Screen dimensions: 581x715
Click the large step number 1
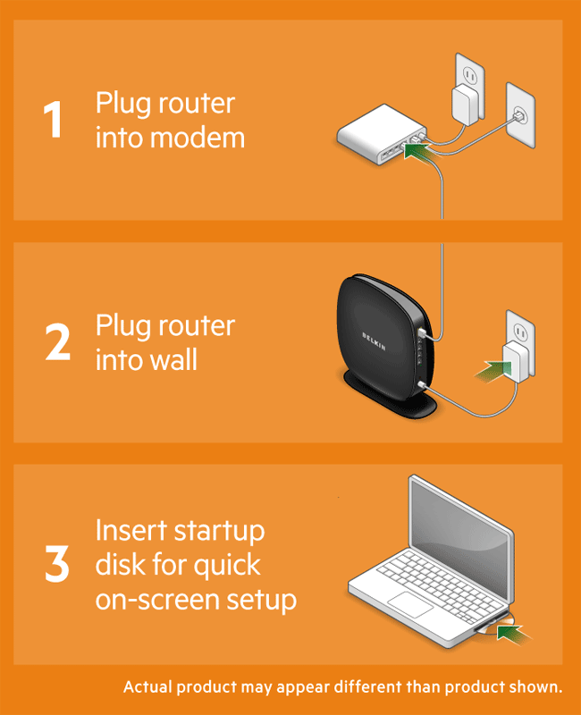(54, 119)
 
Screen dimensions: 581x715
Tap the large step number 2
(58, 341)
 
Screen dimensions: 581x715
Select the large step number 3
(57, 563)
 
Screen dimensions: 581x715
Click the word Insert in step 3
(131, 531)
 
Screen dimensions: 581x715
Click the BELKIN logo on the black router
(374, 341)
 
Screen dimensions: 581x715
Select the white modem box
(382, 135)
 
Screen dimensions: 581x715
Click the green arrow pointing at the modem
(418, 153)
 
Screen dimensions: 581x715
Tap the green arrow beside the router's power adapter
(493, 370)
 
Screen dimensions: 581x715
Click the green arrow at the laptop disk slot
(513, 634)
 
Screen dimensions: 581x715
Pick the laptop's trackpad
(410, 605)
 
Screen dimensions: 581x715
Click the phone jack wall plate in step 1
(520, 115)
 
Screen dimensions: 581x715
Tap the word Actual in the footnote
(147, 686)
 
